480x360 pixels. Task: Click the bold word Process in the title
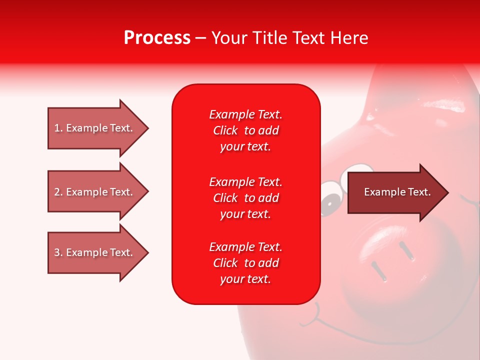click(157, 38)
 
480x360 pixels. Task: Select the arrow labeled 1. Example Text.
click(97, 128)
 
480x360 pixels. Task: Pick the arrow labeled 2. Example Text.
click(97, 192)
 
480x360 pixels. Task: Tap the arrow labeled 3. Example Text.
click(97, 252)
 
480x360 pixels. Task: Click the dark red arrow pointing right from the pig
click(397, 192)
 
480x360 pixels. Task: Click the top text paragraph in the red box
click(245, 130)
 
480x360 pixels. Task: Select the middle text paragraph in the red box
click(245, 198)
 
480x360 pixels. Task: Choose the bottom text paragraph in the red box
click(245, 263)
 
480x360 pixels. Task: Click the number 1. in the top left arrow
click(58, 128)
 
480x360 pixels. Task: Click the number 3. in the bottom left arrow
click(58, 252)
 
